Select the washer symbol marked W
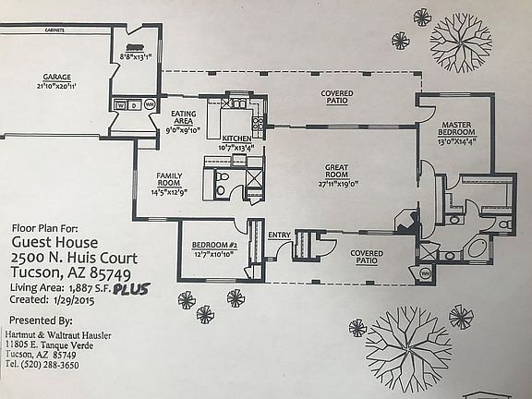pos(119,105)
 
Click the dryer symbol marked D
pos(133,105)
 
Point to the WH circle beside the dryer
pos(150,105)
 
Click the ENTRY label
pos(279,235)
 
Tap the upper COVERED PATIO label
pos(336,98)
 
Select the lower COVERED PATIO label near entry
pos(368,256)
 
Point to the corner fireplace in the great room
pos(403,222)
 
